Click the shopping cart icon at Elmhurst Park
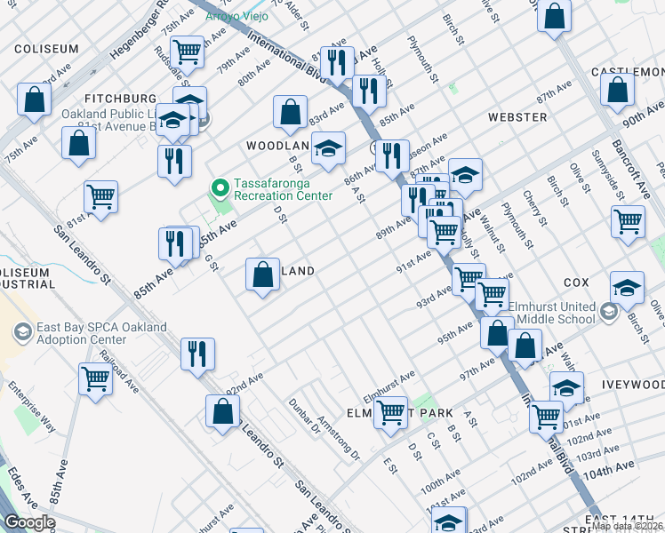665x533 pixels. [390, 413]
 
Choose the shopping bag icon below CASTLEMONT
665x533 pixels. [617, 90]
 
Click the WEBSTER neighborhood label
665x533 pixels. [517, 117]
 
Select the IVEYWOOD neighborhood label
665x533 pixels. [633, 385]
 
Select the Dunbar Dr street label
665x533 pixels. [303, 415]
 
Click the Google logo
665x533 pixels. [29, 522]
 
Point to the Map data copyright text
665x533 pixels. [627, 526]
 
